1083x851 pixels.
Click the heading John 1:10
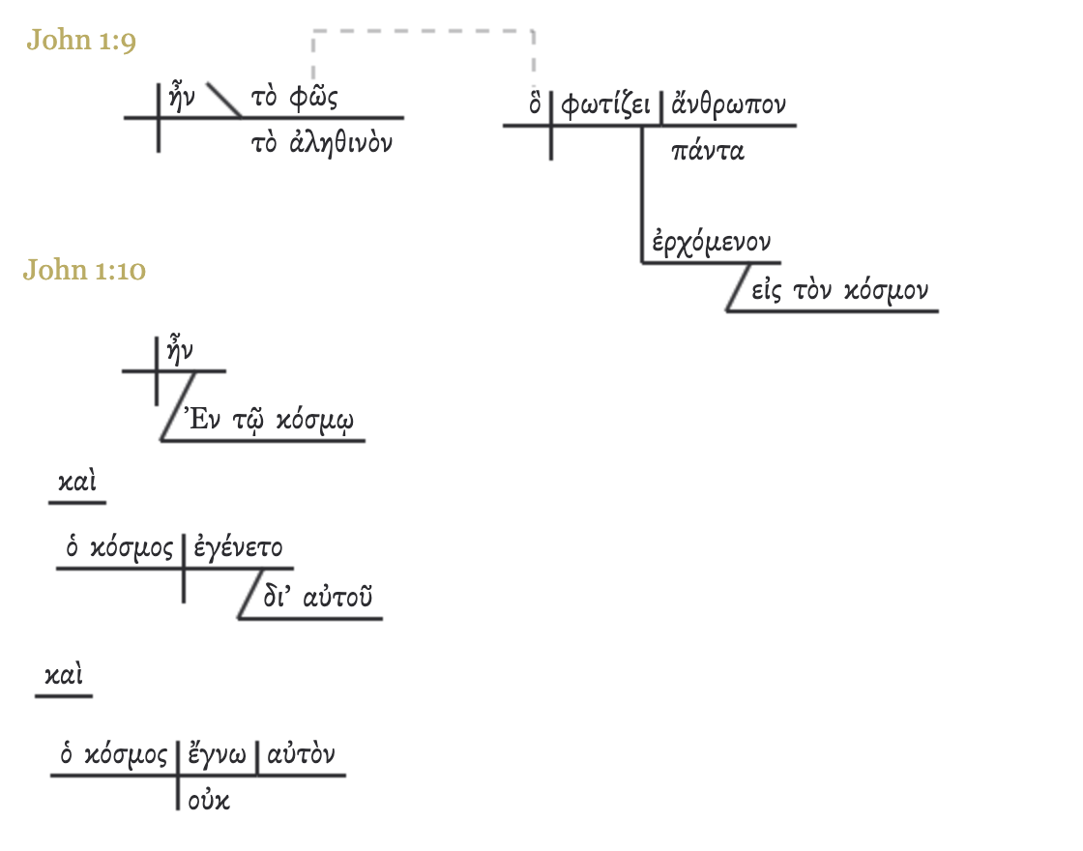(84, 271)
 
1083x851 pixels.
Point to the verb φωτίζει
(605, 104)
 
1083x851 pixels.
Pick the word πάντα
(707, 151)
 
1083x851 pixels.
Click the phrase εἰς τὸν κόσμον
(838, 291)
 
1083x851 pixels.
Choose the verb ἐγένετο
(238, 548)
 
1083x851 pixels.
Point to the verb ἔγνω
(217, 754)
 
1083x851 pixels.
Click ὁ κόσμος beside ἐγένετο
(119, 548)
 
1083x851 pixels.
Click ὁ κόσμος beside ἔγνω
(114, 754)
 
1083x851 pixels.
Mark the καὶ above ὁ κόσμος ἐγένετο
(76, 484)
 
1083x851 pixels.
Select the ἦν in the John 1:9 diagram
(182, 99)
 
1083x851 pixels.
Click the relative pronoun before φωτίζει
(535, 104)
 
